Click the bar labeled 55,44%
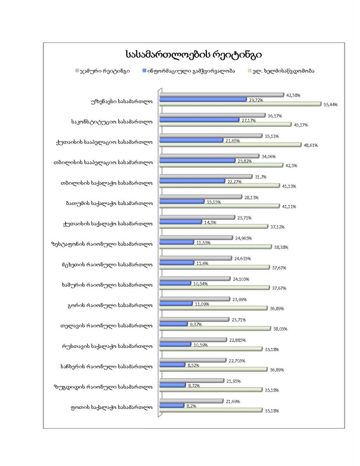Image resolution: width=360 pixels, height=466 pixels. pyautogui.click(x=240, y=104)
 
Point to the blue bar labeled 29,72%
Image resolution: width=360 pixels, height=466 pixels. pyautogui.click(x=203, y=99)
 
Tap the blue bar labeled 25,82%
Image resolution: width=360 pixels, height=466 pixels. pyautogui.click(x=197, y=160)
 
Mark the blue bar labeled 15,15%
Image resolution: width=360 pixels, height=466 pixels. pyautogui.click(x=182, y=202)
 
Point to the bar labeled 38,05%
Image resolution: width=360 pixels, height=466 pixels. pyautogui.click(x=215, y=329)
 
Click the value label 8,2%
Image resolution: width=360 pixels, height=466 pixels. pyautogui.click(x=191, y=405)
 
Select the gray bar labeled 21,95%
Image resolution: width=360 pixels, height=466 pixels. pyautogui.click(x=192, y=381)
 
